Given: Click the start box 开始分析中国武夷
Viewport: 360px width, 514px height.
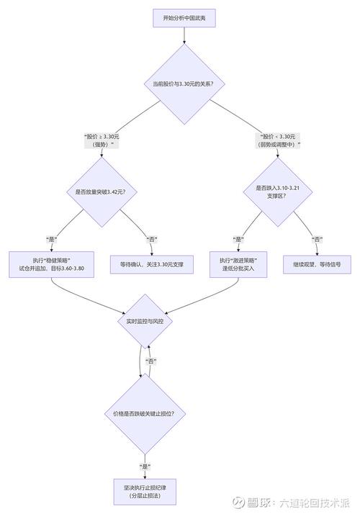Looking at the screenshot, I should click(x=184, y=19).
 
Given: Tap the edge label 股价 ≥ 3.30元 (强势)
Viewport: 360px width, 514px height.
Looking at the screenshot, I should click(x=100, y=140).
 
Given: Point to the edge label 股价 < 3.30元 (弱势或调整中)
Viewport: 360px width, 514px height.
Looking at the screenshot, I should click(x=278, y=140).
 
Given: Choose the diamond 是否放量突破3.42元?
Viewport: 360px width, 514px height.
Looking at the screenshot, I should click(x=101, y=192).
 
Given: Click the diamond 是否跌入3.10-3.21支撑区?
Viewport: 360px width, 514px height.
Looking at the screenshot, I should click(x=278, y=192).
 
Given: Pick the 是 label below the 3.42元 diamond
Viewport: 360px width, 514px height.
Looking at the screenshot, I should click(x=51, y=239).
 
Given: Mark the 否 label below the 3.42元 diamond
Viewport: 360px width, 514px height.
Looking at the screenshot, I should click(x=152, y=239).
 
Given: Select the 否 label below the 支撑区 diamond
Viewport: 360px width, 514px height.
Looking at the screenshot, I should click(x=317, y=239).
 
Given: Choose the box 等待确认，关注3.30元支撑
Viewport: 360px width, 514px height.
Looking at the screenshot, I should click(x=152, y=263).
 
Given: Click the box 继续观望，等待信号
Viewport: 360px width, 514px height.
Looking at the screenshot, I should click(x=317, y=263).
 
